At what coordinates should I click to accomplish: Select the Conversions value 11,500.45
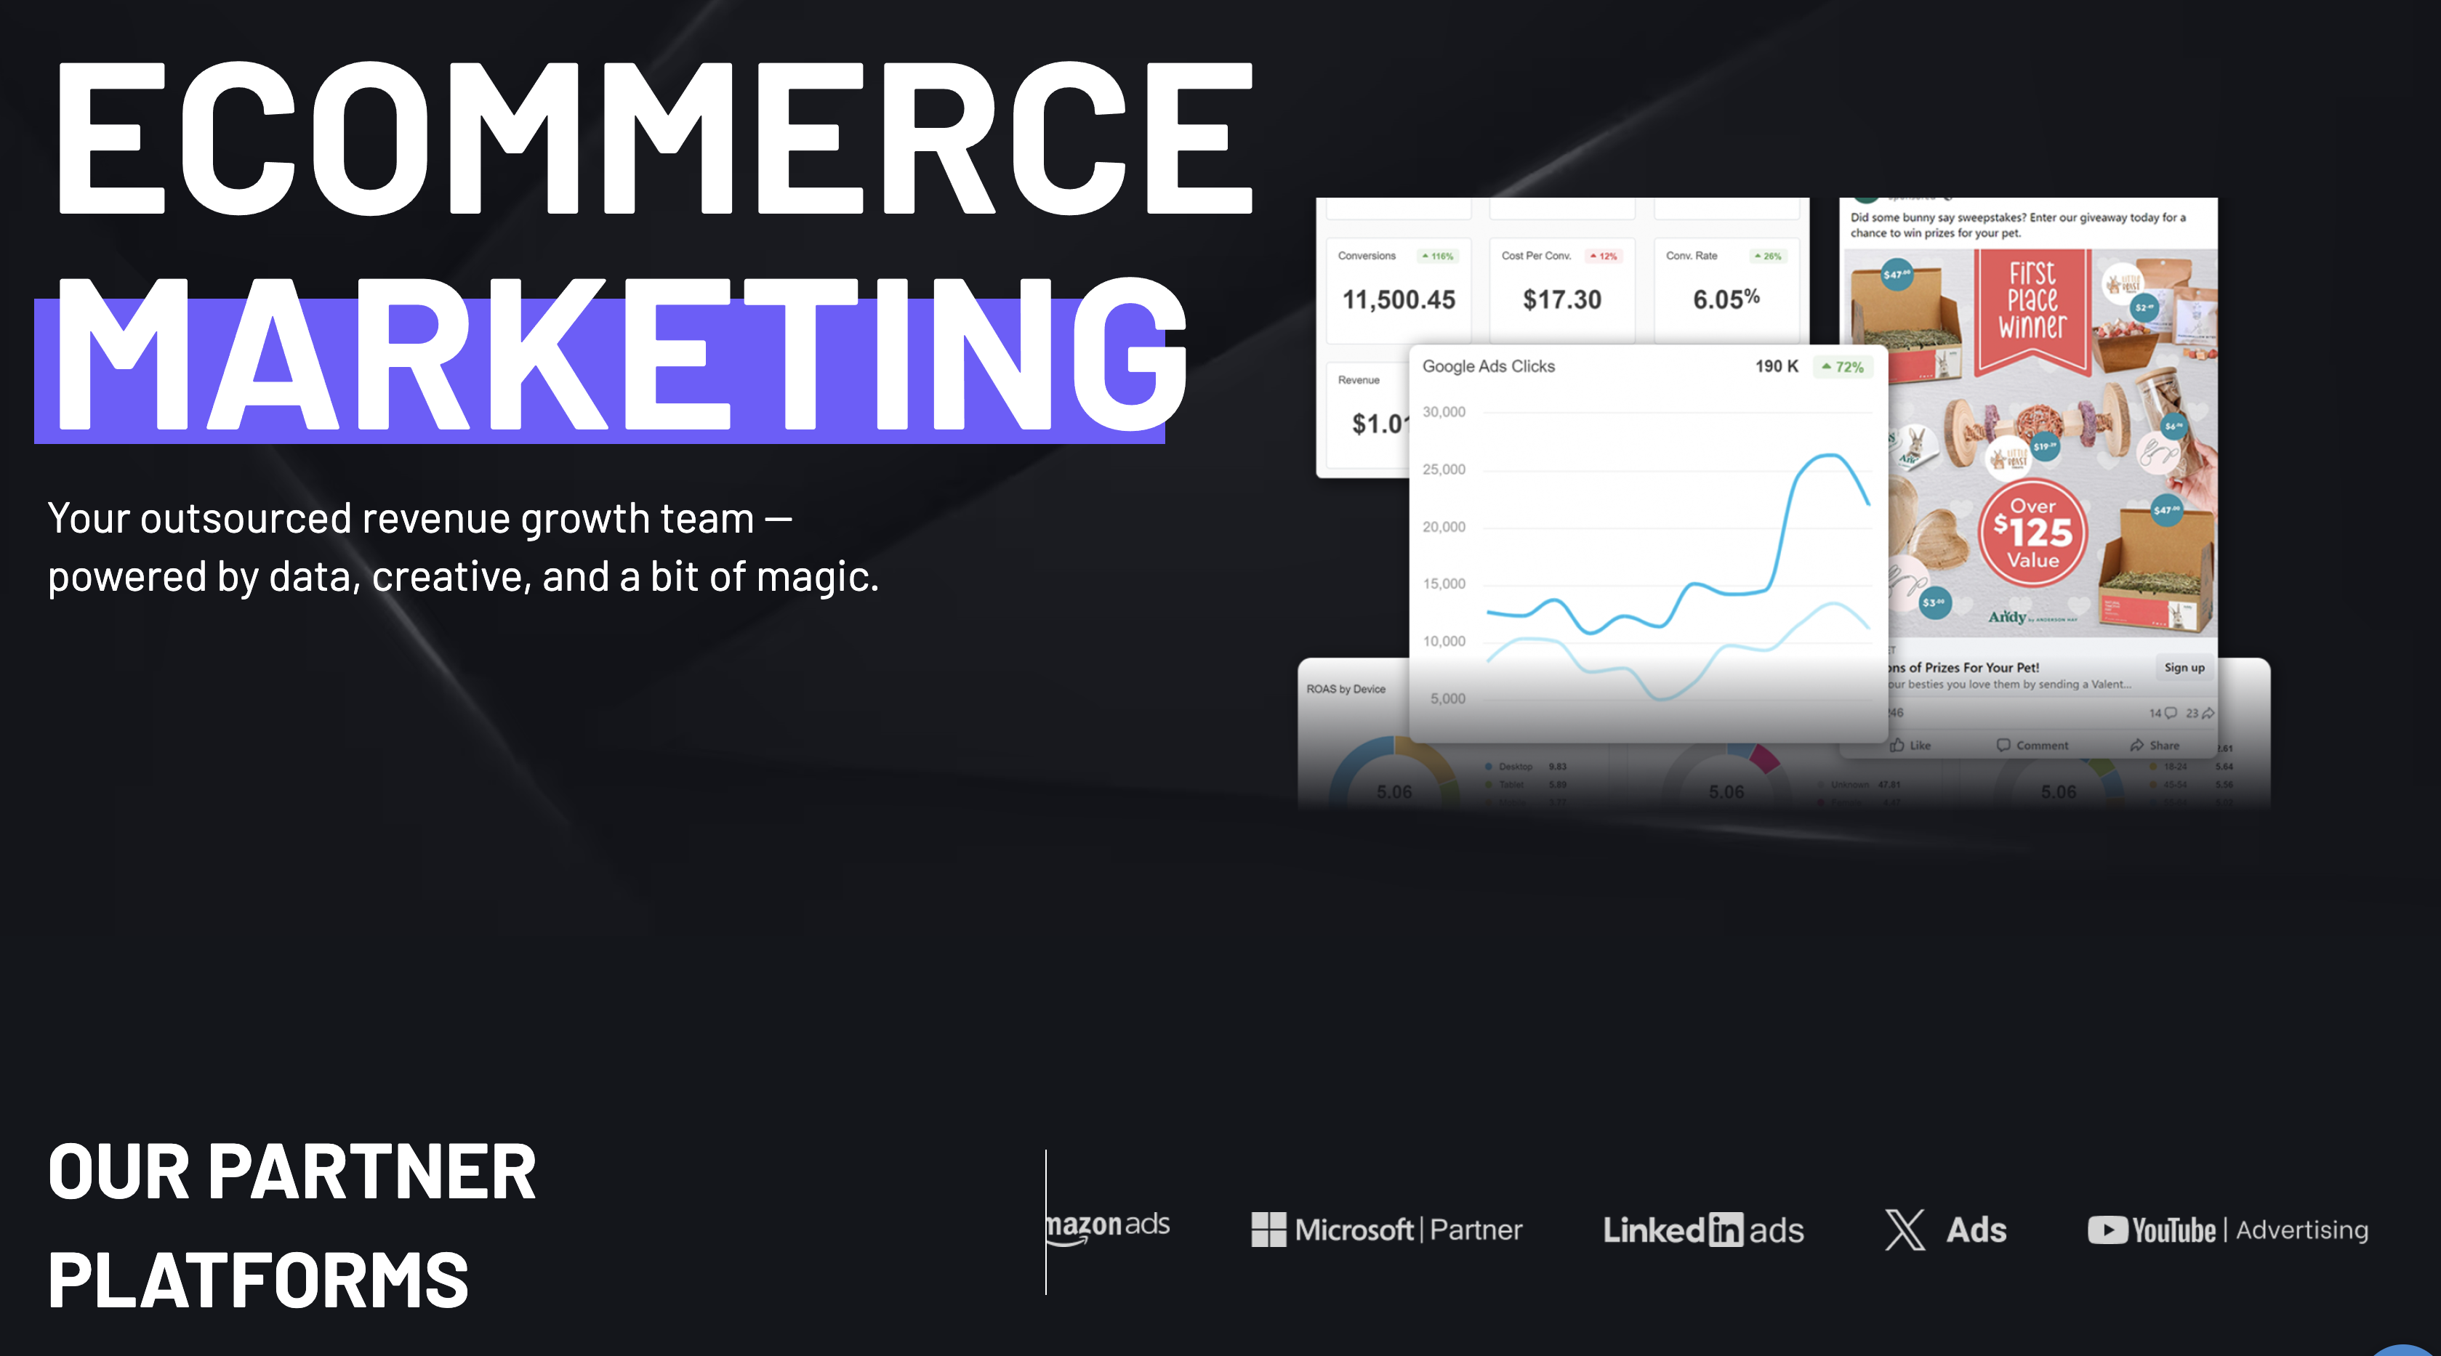coord(1399,300)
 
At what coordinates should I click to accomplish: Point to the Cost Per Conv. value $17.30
coord(1561,300)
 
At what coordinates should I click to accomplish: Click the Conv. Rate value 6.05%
coord(1726,300)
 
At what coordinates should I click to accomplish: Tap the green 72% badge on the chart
coord(1843,367)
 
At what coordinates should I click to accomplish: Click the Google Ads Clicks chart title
coord(1488,367)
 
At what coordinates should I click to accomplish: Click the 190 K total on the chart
coord(1776,367)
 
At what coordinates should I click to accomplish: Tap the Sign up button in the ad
coord(2184,667)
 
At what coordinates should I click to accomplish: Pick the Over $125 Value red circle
coord(2032,533)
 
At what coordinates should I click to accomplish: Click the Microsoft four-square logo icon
coord(1268,1230)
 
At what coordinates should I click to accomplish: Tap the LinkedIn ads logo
coord(1703,1230)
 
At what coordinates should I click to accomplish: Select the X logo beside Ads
coord(1905,1230)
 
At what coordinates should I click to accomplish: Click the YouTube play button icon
coord(2107,1230)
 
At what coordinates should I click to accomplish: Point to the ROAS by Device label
coord(1346,689)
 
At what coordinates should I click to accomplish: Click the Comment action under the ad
coord(2032,746)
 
